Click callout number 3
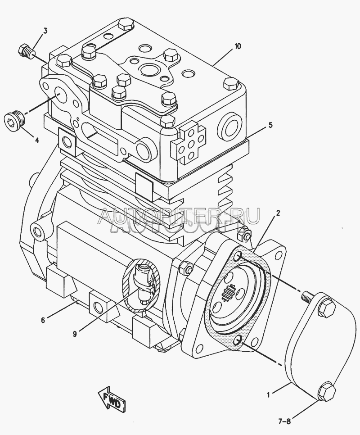point(45,31)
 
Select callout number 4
point(37,140)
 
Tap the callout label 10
point(238,46)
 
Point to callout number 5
point(271,125)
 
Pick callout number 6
point(43,320)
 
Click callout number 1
point(269,395)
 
